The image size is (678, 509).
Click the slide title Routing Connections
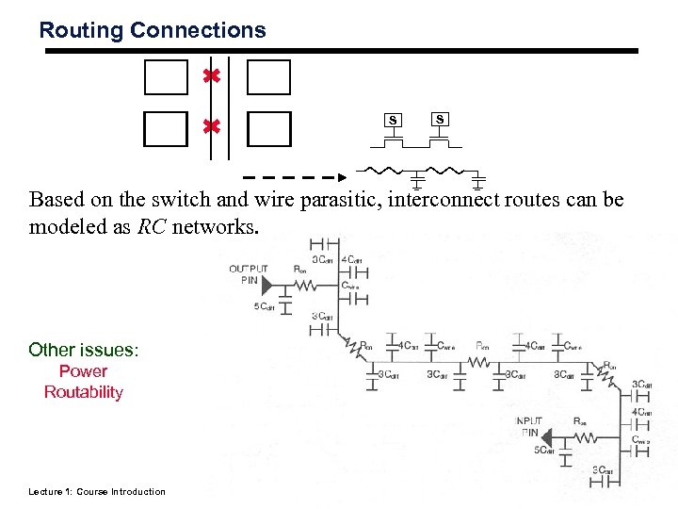click(x=153, y=30)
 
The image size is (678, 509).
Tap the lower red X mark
click(x=212, y=125)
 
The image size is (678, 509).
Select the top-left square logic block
click(x=166, y=77)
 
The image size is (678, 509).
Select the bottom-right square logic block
click(x=268, y=128)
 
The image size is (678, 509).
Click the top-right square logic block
click(x=268, y=77)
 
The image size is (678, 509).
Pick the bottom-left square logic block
click(x=166, y=128)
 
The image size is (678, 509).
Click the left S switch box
click(x=394, y=120)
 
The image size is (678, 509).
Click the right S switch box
click(x=440, y=119)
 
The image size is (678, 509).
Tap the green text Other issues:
click(x=84, y=350)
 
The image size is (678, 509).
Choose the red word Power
click(x=83, y=371)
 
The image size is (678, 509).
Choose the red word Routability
click(x=83, y=392)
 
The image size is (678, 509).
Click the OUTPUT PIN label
click(x=249, y=274)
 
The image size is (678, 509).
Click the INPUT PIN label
click(x=528, y=426)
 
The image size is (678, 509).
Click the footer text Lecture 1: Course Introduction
click(x=96, y=491)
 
